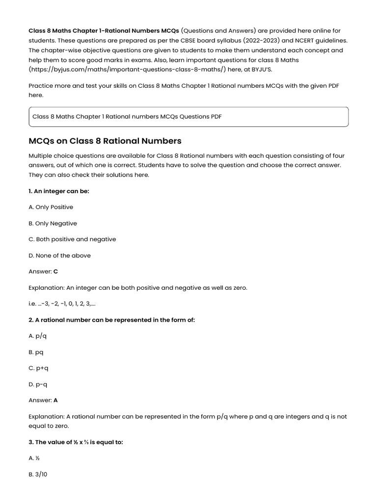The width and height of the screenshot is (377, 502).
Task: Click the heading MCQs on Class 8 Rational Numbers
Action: (x=105, y=141)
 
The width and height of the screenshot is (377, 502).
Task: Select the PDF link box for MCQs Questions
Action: (x=188, y=117)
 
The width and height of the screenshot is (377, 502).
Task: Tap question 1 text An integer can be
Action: (x=59, y=191)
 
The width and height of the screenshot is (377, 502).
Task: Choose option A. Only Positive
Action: (x=51, y=207)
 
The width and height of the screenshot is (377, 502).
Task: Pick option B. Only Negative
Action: (x=53, y=224)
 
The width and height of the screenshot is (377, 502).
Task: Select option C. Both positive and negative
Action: (x=73, y=239)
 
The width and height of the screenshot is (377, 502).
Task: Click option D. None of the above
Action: (x=60, y=255)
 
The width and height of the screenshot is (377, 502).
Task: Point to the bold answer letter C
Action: (x=55, y=272)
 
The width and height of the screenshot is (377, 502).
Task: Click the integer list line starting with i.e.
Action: (x=62, y=304)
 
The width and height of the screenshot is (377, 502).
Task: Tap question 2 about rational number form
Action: (x=112, y=320)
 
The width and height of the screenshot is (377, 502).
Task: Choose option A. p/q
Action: (x=38, y=336)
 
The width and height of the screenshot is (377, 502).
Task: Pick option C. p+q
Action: (x=39, y=368)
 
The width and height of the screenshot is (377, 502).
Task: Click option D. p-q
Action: (x=38, y=384)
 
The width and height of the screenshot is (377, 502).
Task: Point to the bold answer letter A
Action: (x=55, y=400)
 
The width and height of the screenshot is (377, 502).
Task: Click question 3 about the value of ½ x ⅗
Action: (x=76, y=442)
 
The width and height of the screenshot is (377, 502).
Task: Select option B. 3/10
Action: (x=39, y=474)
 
